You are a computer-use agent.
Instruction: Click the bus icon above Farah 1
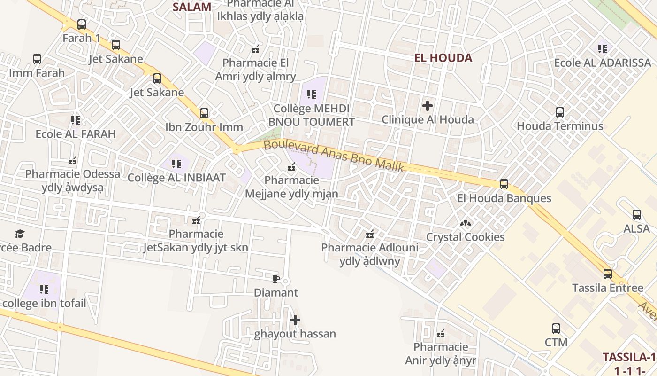tap(82, 24)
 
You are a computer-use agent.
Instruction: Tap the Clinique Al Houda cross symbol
tap(427, 105)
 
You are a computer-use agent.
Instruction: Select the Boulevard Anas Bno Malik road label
tap(334, 157)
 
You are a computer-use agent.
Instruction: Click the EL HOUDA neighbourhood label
tap(443, 58)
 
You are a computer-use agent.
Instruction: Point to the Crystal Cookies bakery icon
tap(466, 223)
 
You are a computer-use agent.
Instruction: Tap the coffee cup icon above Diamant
tap(275, 279)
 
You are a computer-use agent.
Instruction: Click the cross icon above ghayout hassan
tap(295, 321)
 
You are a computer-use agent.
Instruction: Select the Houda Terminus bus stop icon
tap(559, 112)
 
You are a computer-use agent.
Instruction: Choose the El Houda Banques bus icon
tap(504, 184)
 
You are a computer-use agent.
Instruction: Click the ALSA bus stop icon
tap(636, 215)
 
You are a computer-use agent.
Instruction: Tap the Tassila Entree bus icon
tap(607, 274)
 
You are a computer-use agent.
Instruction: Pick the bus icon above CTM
tap(556, 329)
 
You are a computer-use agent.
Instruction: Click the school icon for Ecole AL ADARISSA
tap(603, 48)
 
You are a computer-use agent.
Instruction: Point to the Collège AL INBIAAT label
tap(176, 178)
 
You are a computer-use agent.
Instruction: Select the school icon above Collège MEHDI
tap(311, 94)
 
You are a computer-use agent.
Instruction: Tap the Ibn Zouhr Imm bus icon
tap(204, 113)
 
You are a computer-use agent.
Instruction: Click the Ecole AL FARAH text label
tap(76, 134)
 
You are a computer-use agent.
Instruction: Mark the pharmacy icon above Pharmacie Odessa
tap(73, 161)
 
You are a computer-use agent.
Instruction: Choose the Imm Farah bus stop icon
tap(37, 59)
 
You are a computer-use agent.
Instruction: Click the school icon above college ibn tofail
tap(44, 289)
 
